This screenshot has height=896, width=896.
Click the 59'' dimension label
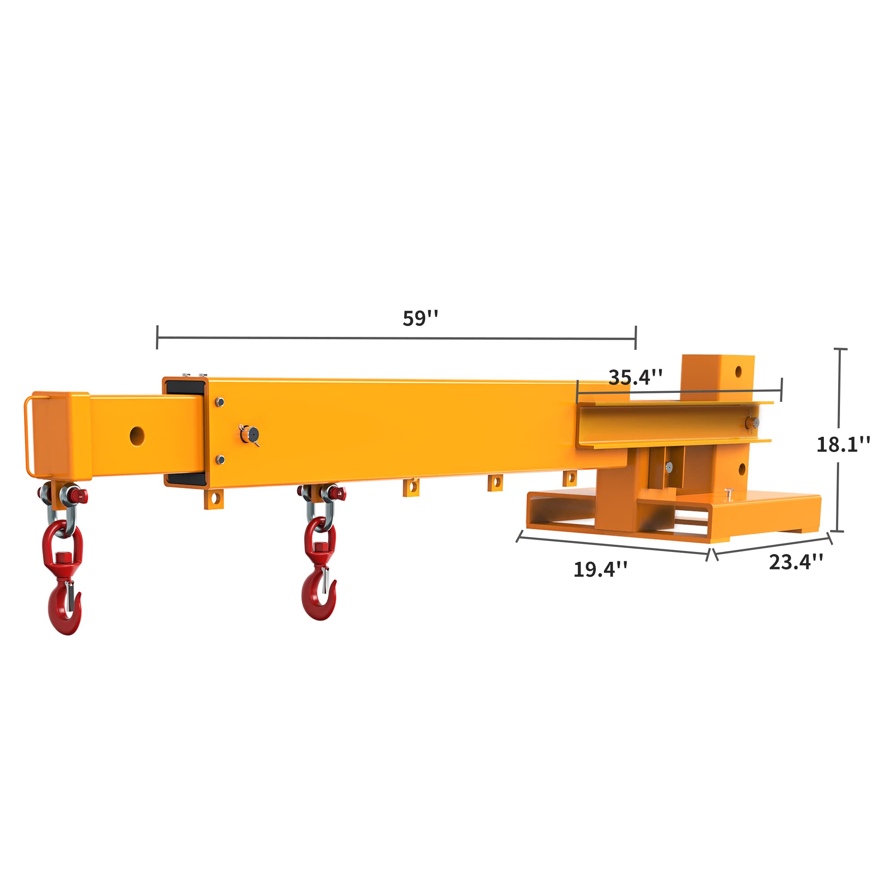point(420,319)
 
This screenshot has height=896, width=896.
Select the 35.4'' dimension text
point(635,378)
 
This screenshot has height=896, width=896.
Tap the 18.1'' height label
point(843,444)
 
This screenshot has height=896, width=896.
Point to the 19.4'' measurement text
point(601,569)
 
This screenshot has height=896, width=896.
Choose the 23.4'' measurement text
point(796,562)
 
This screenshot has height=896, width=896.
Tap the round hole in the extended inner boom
point(137,436)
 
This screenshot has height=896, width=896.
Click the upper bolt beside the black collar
point(220,401)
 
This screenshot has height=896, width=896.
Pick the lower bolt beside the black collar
point(220,460)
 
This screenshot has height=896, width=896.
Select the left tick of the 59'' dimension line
point(157,337)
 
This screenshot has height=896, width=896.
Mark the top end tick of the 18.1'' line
point(840,349)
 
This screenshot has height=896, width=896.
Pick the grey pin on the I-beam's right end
point(751,422)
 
